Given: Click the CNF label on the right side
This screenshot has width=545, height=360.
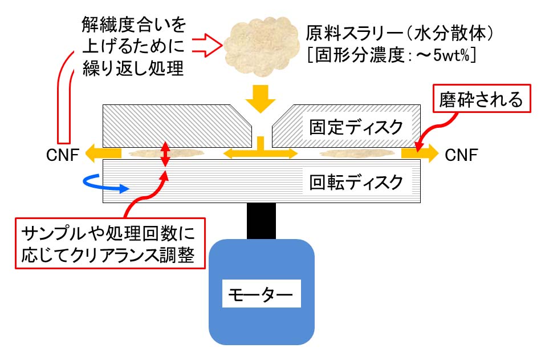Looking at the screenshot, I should (461, 153).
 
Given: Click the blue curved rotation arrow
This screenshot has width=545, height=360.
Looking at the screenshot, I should (105, 183).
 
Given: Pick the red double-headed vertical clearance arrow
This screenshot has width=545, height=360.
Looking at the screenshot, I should (165, 153).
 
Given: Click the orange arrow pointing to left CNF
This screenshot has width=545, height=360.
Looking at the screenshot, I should (103, 153).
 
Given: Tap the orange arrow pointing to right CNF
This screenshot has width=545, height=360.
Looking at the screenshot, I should (420, 153).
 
